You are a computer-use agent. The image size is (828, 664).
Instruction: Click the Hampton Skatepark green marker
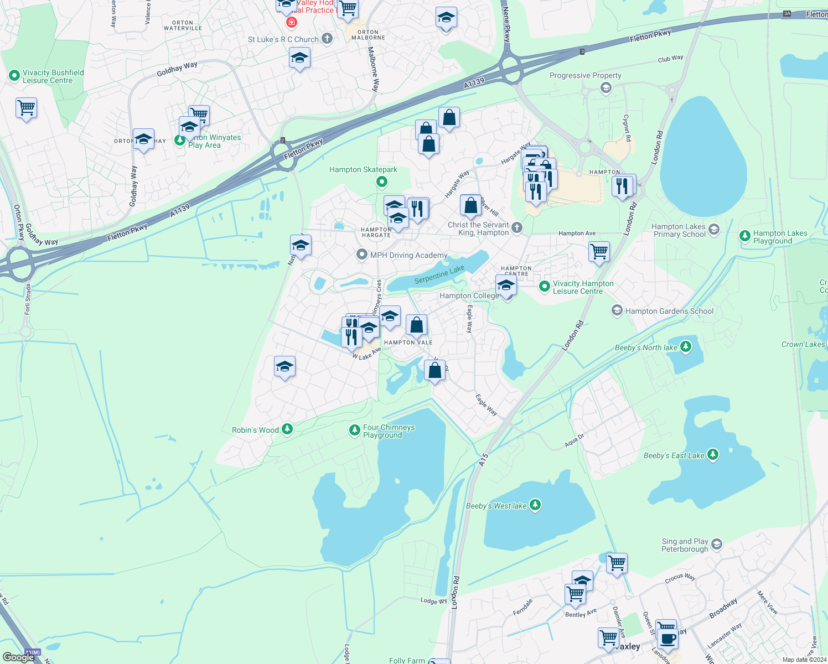[381, 181]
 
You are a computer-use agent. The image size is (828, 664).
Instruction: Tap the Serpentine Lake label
[439, 274]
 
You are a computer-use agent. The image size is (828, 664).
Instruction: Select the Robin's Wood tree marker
[287, 429]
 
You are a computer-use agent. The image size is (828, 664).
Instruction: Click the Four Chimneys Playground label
[389, 431]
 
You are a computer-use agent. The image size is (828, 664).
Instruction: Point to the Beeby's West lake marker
[535, 505]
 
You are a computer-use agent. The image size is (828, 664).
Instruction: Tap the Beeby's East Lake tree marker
[713, 455]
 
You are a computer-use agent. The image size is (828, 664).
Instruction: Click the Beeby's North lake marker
[686, 347]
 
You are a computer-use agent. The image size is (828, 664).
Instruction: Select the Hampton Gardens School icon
[617, 310]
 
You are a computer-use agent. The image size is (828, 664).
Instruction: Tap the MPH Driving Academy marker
[362, 255]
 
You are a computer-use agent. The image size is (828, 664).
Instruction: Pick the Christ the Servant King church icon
[516, 227]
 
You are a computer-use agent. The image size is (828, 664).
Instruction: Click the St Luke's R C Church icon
[327, 39]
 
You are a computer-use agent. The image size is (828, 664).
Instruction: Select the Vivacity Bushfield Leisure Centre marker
[14, 76]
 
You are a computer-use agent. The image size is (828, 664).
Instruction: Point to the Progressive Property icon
[606, 87]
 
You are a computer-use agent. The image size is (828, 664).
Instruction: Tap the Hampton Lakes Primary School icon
[714, 230]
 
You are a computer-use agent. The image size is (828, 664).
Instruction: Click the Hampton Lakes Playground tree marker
[745, 236]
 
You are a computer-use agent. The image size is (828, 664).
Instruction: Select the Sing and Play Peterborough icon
[717, 544]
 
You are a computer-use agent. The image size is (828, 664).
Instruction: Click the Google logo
[18, 657]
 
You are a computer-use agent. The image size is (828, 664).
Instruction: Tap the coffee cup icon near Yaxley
[667, 638]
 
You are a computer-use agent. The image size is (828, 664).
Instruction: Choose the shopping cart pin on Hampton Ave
[599, 251]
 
